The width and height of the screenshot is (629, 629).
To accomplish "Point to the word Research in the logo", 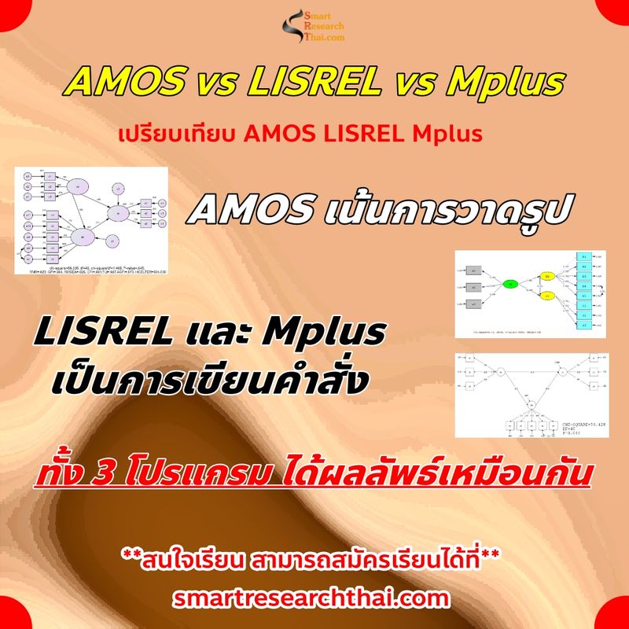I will [x=324, y=25].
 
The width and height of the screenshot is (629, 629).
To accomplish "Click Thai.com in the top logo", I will [x=324, y=36].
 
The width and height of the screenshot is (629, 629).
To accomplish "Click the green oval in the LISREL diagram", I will [x=510, y=285].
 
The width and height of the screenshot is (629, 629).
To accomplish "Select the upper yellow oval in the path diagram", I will [x=547, y=277].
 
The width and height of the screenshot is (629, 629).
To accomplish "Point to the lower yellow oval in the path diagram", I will [x=547, y=296].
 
